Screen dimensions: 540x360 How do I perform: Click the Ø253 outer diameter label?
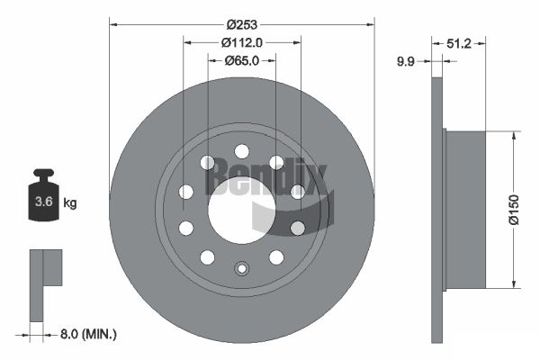coord(242,25)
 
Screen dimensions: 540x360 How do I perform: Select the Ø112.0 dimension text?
coord(242,42)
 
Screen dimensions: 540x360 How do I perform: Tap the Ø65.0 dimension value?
coord(242,61)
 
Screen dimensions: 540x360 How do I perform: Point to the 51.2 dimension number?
coord(459,44)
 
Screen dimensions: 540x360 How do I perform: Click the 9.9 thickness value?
coord(406,62)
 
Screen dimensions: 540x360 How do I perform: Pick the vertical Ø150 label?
coord(514,210)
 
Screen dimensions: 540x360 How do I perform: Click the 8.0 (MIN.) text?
coord(88,334)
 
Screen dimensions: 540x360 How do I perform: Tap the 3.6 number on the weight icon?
coord(44,202)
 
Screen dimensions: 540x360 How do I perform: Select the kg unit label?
coord(70,202)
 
